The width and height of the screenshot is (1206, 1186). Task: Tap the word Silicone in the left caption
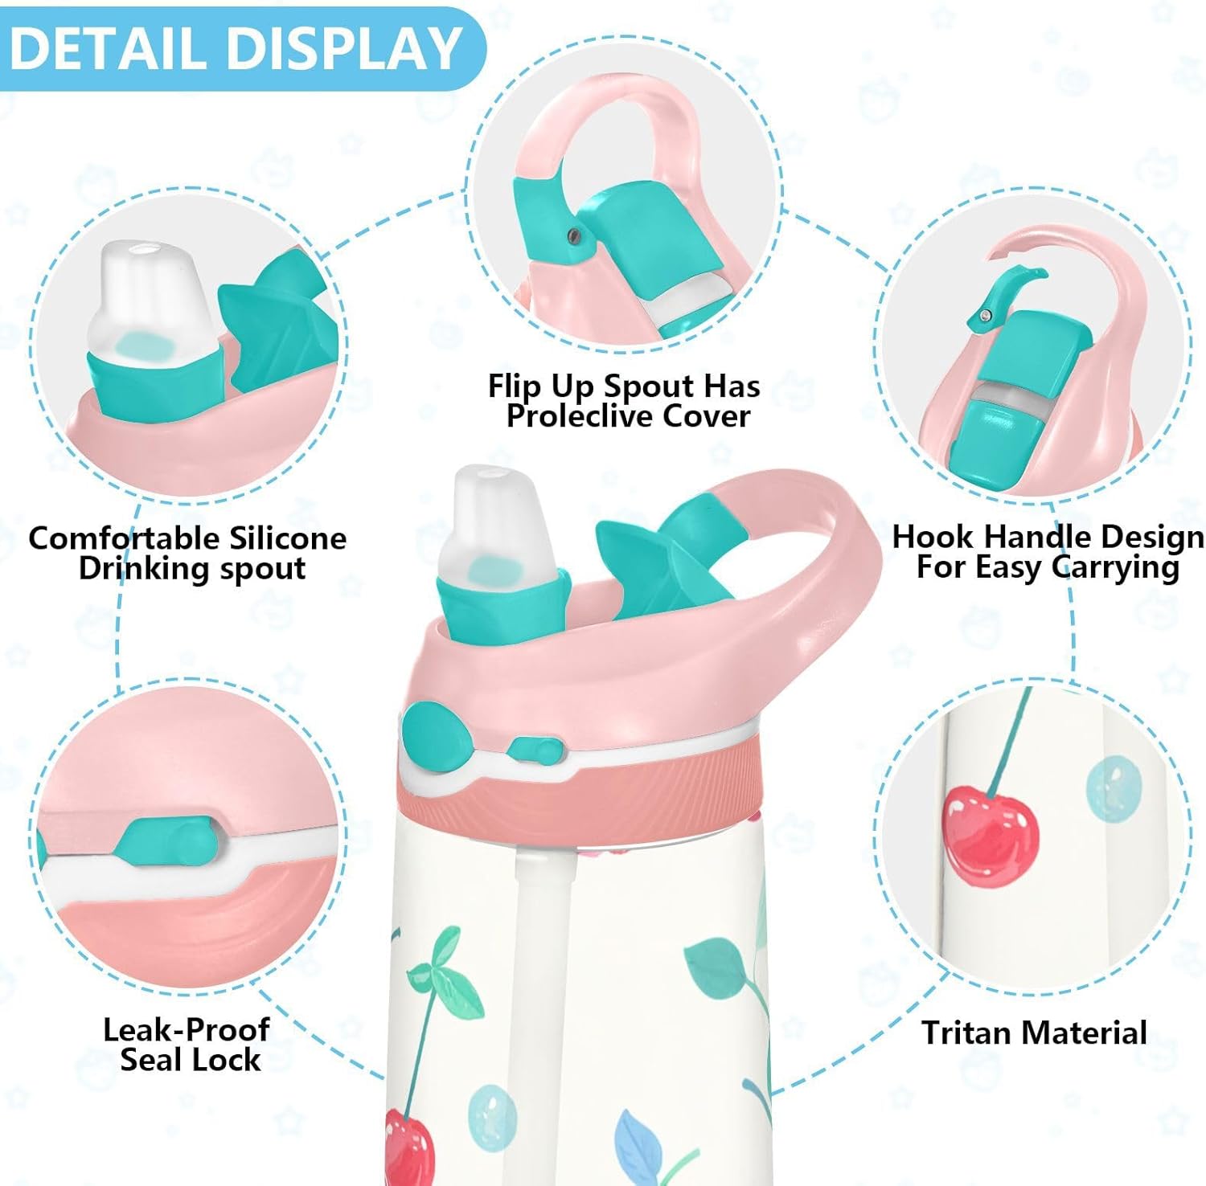[x=287, y=538]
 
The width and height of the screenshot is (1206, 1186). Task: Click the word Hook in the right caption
[x=933, y=536]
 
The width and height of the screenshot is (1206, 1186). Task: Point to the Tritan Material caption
[x=1034, y=1033]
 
